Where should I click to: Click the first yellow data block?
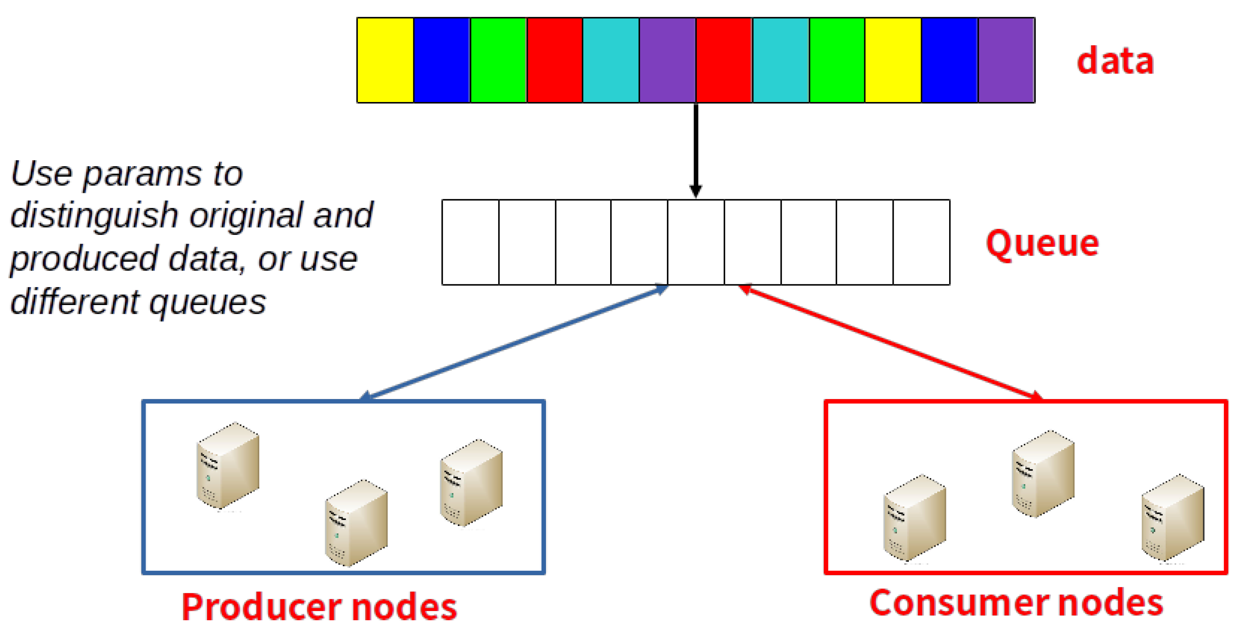[x=385, y=60]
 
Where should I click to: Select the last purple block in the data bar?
[x=1006, y=60]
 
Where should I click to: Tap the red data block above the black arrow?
[x=724, y=60]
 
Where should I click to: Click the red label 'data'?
[x=1115, y=61]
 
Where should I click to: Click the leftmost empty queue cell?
[x=470, y=242]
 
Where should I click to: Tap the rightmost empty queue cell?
[x=921, y=242]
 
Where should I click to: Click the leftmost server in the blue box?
[x=227, y=465]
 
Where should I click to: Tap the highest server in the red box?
[x=1043, y=474]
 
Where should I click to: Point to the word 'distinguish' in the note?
[x=94, y=216]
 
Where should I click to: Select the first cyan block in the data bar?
[x=611, y=60]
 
